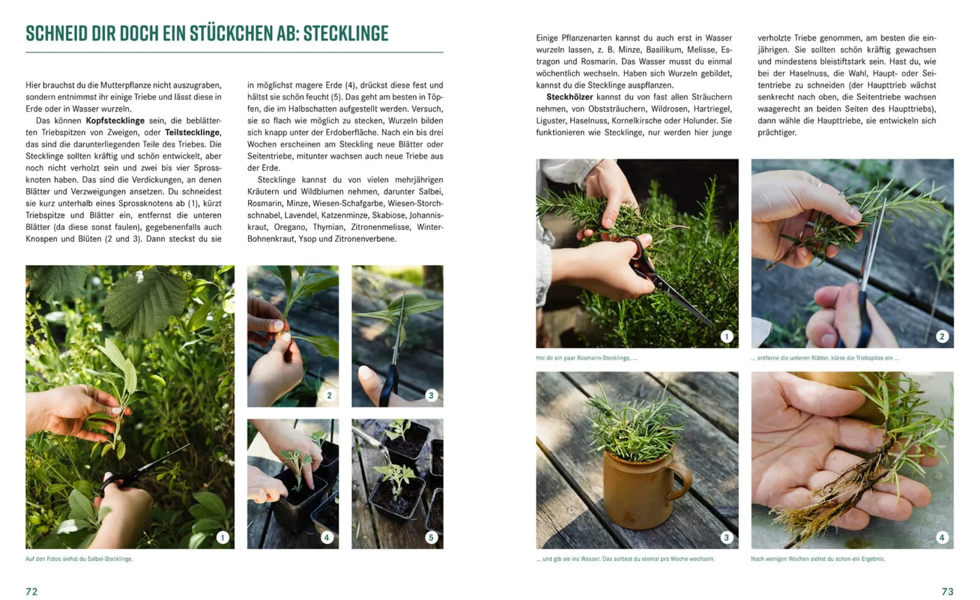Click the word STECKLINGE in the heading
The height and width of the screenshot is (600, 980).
pos(346,33)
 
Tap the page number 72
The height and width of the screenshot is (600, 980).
pos(32,591)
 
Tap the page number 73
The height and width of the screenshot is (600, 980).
pos(947,591)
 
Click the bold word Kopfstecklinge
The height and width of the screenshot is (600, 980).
pos(115,120)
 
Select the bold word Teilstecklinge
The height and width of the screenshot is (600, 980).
pos(192,132)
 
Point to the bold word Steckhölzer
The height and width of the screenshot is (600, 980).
pos(569,97)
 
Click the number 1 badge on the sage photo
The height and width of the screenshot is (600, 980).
pos(223,537)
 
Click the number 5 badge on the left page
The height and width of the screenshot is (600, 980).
pos(431,537)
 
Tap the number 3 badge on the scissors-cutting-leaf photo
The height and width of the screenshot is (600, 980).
pos(431,395)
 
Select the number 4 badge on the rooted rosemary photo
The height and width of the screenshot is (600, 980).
pos(941,537)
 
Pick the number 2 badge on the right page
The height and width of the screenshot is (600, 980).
pos(941,336)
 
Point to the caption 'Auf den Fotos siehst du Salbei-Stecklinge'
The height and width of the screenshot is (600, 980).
pos(79,559)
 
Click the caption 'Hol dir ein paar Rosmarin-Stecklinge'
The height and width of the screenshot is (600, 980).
pos(586,358)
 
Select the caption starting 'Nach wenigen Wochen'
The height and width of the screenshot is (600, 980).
pos(817,559)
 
